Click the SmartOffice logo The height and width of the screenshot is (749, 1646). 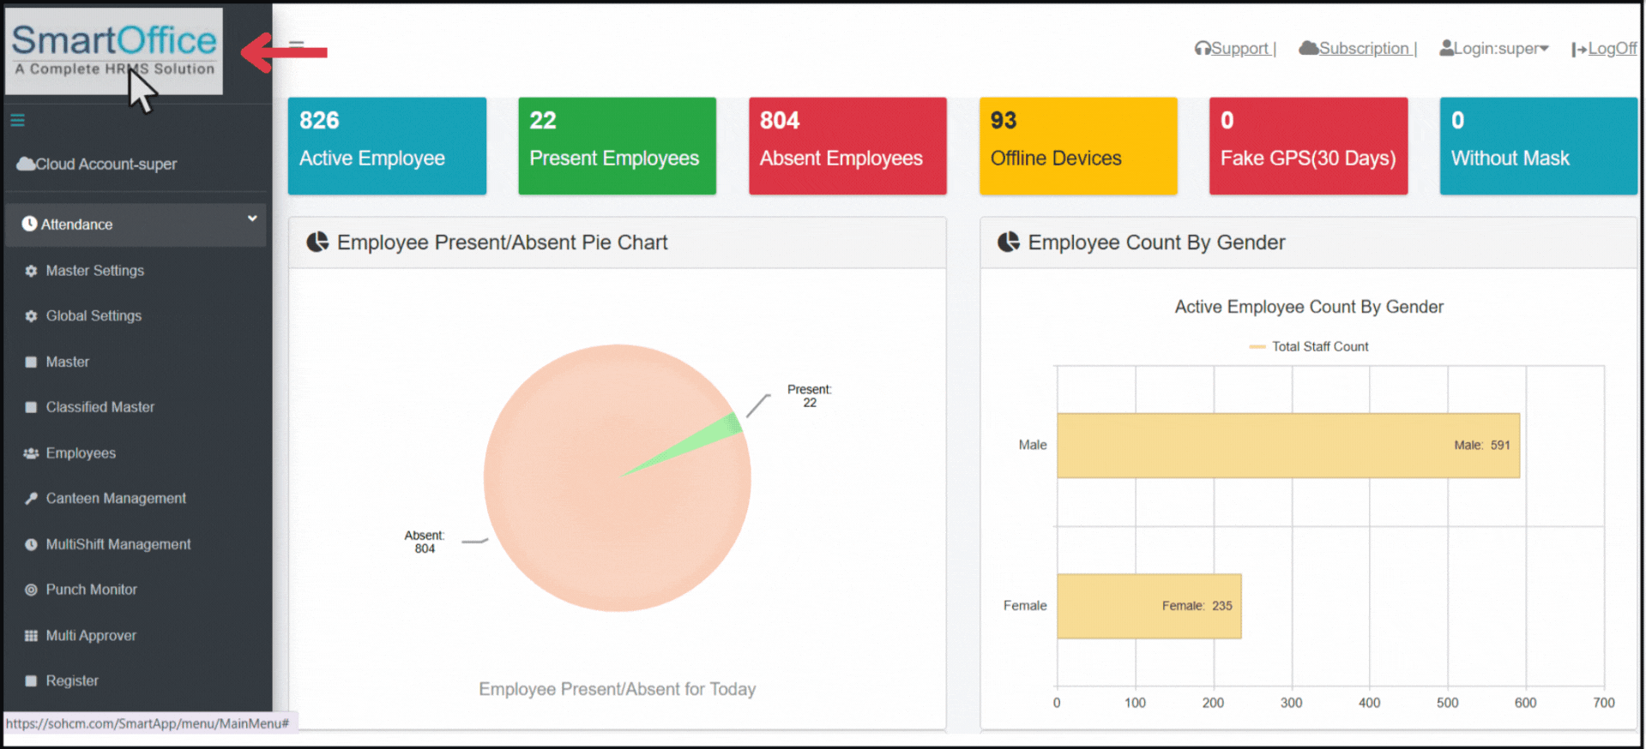coord(114,50)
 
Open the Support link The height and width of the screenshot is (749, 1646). coord(1235,49)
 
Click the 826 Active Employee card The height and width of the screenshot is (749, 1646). coord(387,146)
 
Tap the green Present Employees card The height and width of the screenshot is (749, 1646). coord(617,146)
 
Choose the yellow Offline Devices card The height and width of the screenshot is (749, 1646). coord(1077,146)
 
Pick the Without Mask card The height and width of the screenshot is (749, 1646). coord(1538,146)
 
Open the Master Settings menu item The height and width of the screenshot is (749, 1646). coord(94,271)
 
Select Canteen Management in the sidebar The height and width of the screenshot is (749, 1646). coord(116,499)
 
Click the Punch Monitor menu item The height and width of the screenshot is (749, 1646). coord(91,590)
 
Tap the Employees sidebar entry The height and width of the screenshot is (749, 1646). coord(81,453)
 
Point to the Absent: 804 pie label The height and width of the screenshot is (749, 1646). coord(425,542)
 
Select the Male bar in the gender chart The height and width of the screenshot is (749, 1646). coord(1287,446)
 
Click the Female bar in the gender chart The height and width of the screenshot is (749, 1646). coord(1149,606)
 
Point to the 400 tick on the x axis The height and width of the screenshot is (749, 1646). coord(1369,703)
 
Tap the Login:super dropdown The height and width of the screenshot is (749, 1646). coord(1494,49)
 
